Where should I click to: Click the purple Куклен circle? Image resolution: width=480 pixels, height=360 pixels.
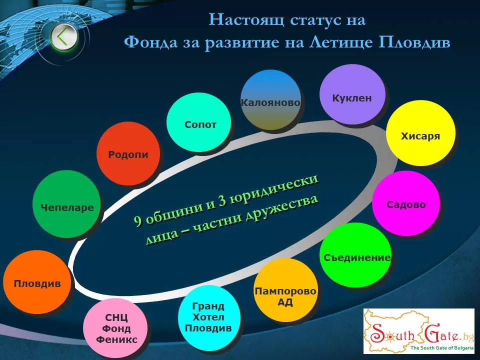(x=352, y=94)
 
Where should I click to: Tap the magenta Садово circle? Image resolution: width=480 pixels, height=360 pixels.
(x=406, y=203)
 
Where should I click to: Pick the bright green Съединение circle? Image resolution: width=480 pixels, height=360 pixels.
(x=355, y=255)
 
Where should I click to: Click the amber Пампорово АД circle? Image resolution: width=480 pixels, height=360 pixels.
(x=285, y=290)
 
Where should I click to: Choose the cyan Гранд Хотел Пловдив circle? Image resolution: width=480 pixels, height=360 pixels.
(x=209, y=317)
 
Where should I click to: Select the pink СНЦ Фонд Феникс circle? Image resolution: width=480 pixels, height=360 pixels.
(x=115, y=329)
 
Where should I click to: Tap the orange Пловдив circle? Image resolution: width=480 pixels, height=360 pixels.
(x=36, y=282)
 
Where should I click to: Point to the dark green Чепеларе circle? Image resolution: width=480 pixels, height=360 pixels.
(x=66, y=204)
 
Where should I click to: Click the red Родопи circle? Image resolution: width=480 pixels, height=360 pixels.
(x=128, y=153)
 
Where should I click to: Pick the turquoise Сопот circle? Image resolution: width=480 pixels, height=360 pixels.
(x=198, y=122)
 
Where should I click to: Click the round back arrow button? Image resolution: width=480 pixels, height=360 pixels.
(x=64, y=37)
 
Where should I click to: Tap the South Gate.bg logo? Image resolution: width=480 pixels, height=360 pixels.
(x=419, y=331)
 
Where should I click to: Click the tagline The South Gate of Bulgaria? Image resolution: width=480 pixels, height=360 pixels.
(x=441, y=347)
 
